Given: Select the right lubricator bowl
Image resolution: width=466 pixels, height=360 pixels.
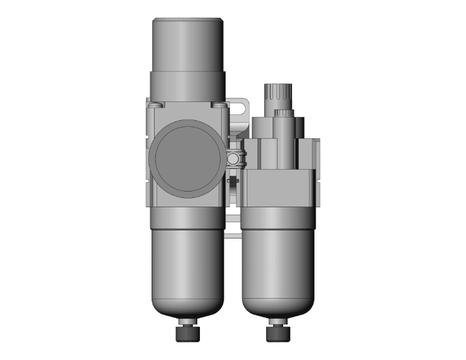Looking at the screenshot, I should [276, 263].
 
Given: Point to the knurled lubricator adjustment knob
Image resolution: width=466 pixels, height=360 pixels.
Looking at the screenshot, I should [276, 96].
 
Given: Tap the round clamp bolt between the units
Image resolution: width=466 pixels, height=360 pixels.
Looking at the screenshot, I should [234, 158].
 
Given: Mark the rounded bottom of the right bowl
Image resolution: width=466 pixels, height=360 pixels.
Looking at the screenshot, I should [276, 310].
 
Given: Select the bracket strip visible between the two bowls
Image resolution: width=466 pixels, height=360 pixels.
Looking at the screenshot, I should [232, 225].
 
